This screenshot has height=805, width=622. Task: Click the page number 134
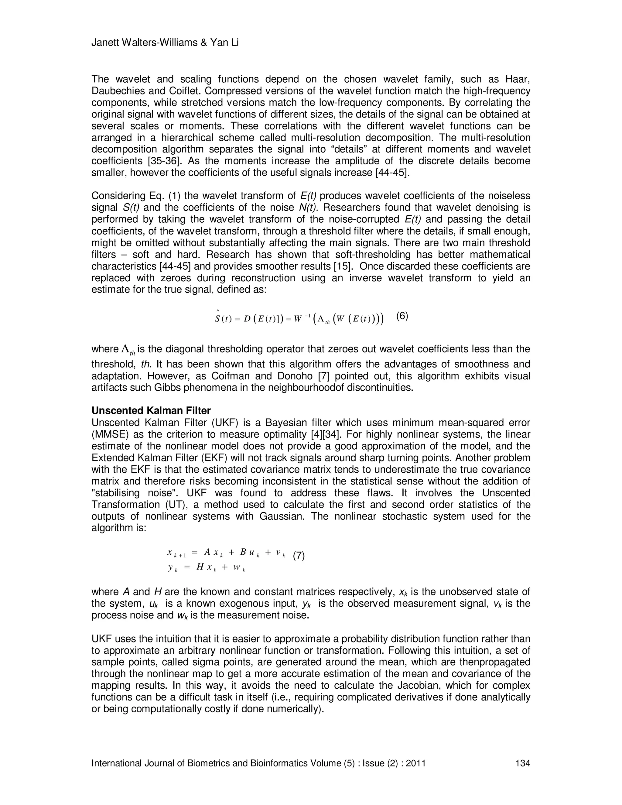pyautogui.click(x=523, y=763)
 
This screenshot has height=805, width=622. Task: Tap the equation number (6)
pyautogui.click(x=402, y=316)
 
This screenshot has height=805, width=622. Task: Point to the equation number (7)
pyautogui.click(x=299, y=556)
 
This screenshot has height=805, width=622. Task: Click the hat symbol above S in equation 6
pyautogui.click(x=218, y=310)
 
